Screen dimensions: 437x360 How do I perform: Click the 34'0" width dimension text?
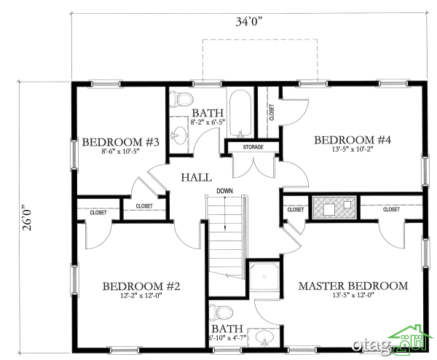click(x=249, y=21)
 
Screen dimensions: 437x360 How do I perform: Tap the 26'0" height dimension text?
click(x=28, y=218)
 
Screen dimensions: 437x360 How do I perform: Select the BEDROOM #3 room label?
click(x=120, y=142)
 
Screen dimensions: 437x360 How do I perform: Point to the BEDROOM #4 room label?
click(x=353, y=140)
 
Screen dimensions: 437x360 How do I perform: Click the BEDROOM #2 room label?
click(x=141, y=286)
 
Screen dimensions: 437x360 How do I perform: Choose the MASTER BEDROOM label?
click(x=353, y=286)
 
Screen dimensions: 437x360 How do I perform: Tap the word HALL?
click(x=196, y=178)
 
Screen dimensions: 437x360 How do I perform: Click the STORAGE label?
click(x=253, y=147)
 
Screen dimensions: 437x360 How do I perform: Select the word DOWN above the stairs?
click(x=224, y=191)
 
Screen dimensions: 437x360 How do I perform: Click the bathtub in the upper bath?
click(x=240, y=114)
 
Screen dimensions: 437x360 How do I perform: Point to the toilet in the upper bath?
click(x=181, y=99)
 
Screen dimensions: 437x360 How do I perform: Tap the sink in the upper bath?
click(x=179, y=136)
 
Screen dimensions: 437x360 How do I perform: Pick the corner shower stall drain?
click(x=264, y=277)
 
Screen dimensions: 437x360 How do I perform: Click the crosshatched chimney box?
click(x=334, y=208)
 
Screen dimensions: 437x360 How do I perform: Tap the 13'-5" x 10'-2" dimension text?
click(x=353, y=149)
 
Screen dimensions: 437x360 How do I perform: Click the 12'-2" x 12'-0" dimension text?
click(x=141, y=296)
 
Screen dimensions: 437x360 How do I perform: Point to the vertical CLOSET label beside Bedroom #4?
click(x=272, y=112)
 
